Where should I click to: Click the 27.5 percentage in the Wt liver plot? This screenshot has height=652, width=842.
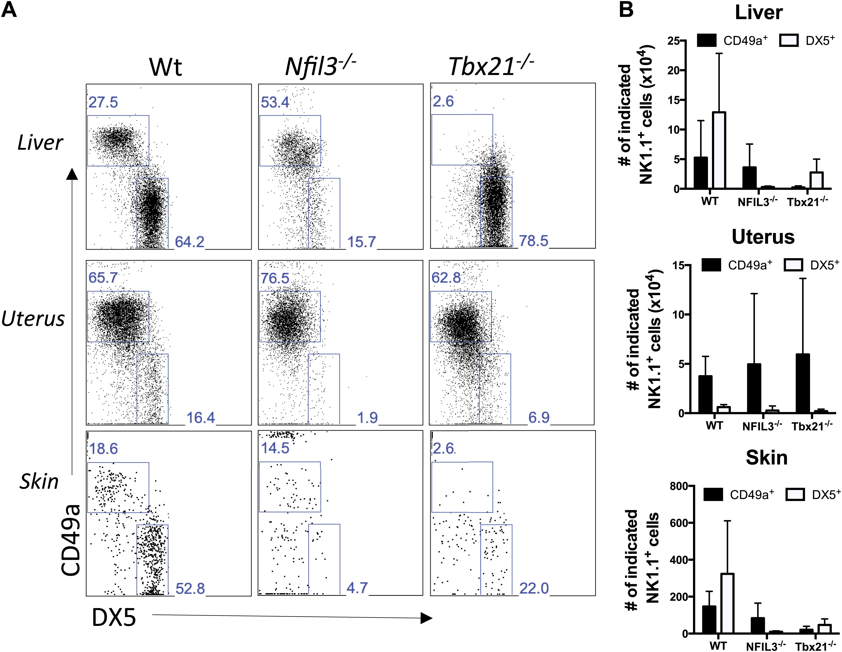pos(103,102)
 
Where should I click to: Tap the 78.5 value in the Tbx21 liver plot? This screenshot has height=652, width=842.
pos(534,241)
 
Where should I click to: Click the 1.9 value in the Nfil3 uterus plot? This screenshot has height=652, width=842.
pos(367,417)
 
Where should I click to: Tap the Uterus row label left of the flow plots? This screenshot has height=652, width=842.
pos(33,319)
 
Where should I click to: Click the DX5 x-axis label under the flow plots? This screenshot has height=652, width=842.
pos(114,618)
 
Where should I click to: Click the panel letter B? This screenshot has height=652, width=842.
pos(626,10)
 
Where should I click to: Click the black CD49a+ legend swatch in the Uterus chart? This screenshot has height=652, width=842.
pos(711,265)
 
